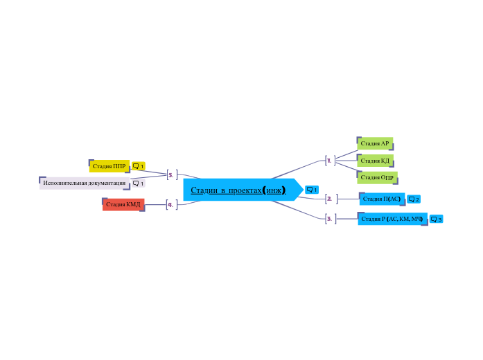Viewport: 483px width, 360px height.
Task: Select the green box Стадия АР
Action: coord(375,143)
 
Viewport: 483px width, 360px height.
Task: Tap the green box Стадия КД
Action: coord(375,161)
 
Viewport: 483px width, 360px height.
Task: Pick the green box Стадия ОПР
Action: coord(377,177)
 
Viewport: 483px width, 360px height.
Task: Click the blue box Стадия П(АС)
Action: coord(382,199)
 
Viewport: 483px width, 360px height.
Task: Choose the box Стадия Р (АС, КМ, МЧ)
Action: coord(392,219)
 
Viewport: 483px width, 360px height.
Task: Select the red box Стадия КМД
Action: coord(123,204)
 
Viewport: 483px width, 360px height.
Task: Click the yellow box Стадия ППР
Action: coord(109,166)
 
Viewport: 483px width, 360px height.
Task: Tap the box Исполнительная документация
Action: coord(85,183)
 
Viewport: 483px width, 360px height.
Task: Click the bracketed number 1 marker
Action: coord(331,161)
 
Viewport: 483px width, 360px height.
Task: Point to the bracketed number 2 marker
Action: coord(331,199)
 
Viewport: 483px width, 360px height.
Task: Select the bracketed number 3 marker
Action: coord(331,219)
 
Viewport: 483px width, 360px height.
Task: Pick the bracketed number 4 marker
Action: coord(172,205)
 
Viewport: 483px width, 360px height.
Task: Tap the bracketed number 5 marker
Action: coord(172,174)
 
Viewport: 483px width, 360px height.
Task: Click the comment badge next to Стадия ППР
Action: coord(139,166)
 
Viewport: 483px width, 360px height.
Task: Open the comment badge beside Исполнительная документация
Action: coord(139,183)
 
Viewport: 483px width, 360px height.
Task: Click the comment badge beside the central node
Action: coord(312,190)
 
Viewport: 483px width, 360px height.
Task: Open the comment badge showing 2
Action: coord(414,199)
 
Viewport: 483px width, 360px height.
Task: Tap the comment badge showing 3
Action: coord(436,219)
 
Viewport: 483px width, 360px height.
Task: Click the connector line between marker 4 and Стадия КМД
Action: coord(155,205)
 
